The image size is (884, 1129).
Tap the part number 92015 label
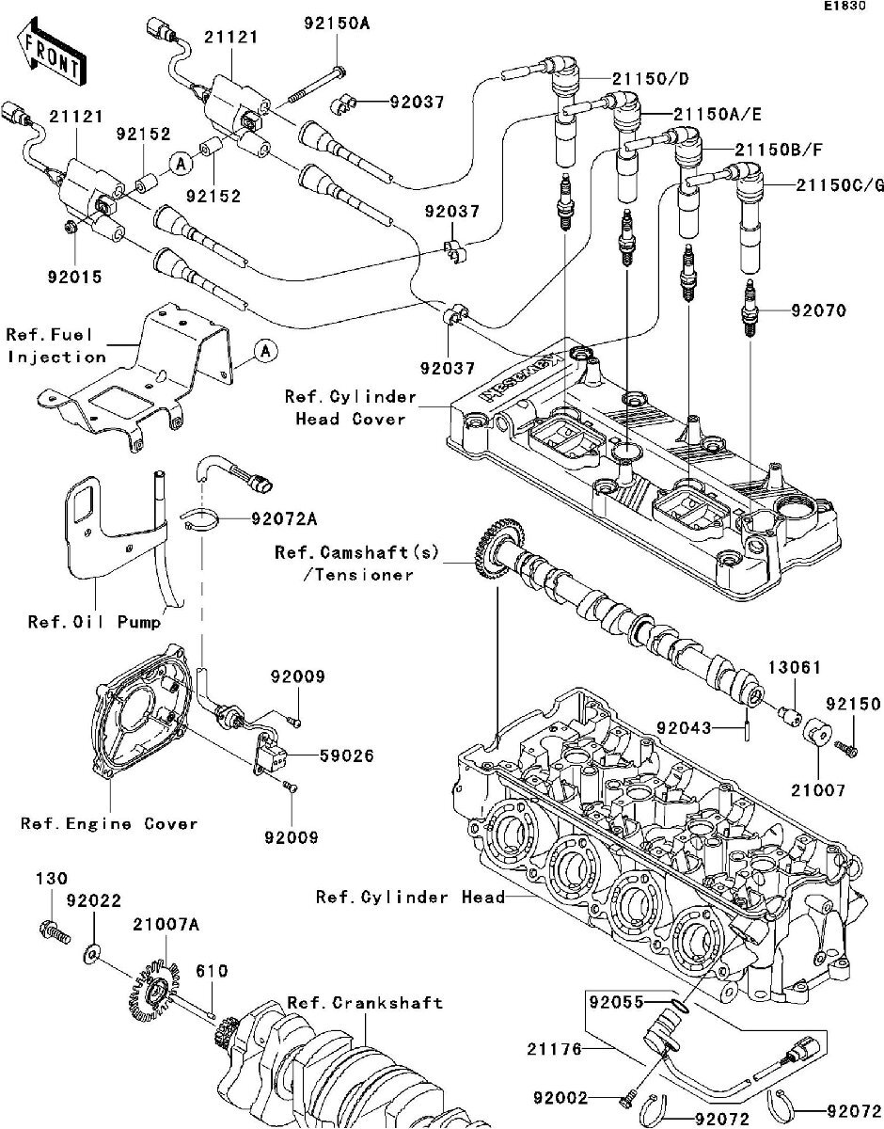coord(73,278)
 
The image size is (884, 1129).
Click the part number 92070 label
coord(818,310)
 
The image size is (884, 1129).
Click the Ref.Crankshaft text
coord(364,1003)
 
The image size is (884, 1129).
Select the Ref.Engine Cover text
coord(110,823)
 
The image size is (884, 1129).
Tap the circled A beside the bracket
coord(265,352)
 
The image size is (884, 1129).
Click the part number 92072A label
coord(283,518)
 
